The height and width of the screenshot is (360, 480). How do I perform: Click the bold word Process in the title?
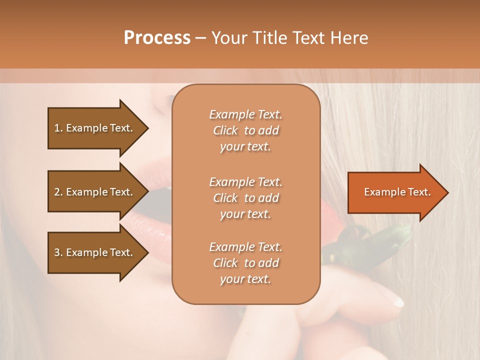[x=157, y=38]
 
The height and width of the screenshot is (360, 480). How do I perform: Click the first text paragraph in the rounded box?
[x=245, y=130]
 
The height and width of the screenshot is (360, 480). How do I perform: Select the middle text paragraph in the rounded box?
[x=245, y=197]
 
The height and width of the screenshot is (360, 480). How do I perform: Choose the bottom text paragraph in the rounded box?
[x=245, y=263]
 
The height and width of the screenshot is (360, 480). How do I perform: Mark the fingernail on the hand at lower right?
[x=397, y=301]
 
